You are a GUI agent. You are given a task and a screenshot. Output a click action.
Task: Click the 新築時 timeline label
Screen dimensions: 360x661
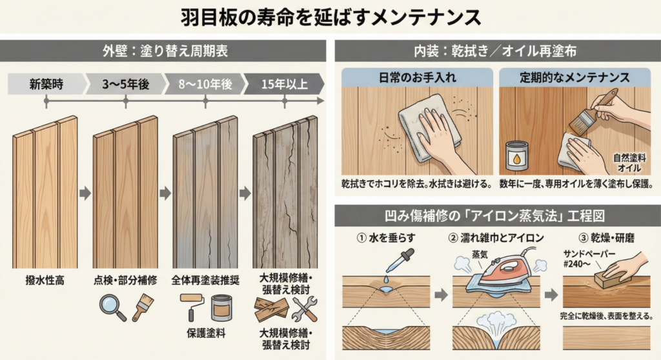tap(45, 83)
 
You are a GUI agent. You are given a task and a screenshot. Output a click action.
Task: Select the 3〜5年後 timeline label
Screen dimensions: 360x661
tap(125, 83)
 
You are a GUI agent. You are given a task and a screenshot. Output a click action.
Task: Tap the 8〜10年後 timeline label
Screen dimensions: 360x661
tap(205, 83)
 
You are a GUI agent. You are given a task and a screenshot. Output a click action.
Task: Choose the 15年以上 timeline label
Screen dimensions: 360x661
tap(284, 83)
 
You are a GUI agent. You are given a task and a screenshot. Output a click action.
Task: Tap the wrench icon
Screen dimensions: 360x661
tap(301, 310)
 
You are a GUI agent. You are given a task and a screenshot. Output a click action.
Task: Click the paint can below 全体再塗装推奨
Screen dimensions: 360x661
tap(222, 308)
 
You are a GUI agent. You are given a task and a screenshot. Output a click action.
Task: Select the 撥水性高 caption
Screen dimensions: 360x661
tap(45, 281)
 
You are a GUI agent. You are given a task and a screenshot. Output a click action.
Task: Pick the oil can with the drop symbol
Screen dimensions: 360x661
tap(516, 155)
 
